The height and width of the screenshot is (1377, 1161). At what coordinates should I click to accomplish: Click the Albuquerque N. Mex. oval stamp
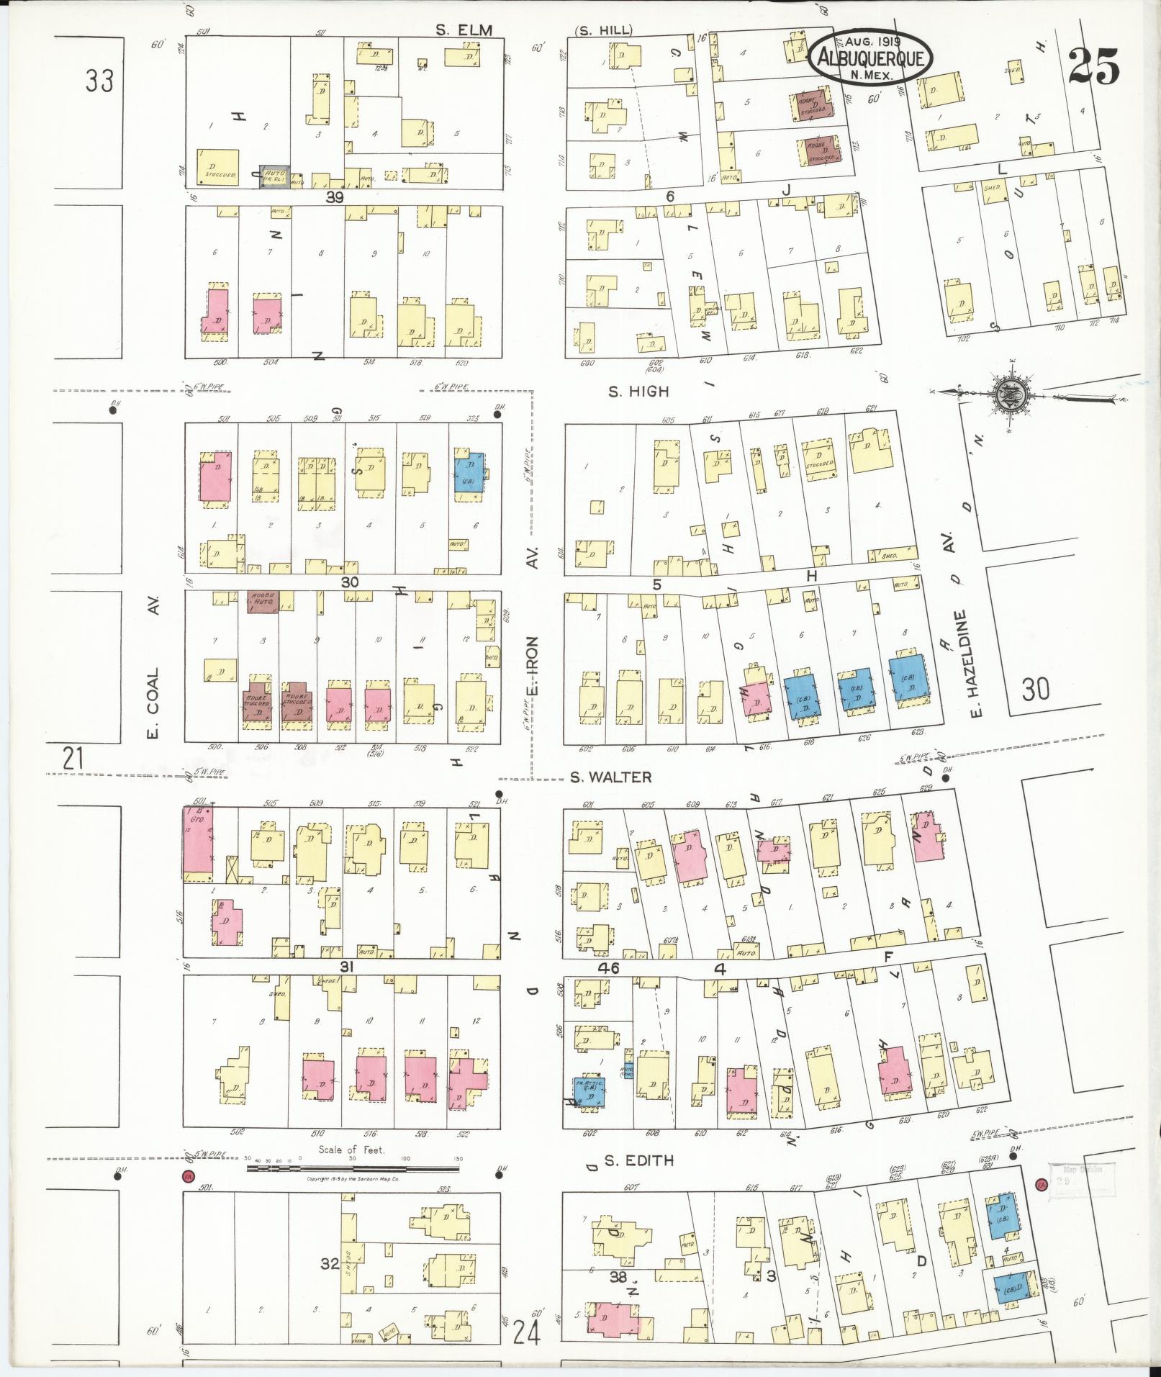870,55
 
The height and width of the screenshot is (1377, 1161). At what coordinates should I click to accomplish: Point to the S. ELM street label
464,30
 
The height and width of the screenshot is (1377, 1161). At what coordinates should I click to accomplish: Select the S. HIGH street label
638,392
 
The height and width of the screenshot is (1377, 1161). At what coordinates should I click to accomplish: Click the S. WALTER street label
610,777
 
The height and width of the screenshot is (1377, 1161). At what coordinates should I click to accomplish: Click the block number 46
608,969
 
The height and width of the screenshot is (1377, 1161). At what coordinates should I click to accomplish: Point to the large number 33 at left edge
99,81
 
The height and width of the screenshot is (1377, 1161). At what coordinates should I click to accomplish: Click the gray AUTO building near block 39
275,176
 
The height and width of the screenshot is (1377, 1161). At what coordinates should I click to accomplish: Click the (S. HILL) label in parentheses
603,30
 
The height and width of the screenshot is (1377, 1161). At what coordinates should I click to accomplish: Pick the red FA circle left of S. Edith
188,1176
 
